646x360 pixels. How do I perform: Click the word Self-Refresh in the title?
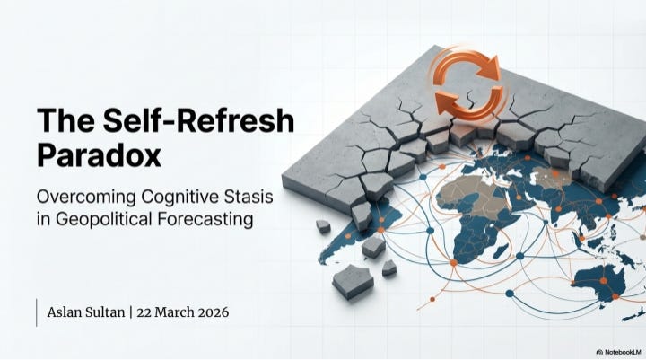pyautogui.click(x=198, y=120)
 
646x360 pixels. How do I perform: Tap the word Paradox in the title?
pyautogui.click(x=99, y=156)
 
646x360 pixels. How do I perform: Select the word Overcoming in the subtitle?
pyautogui.click(x=86, y=198)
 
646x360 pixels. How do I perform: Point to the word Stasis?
pyautogui.click(x=248, y=197)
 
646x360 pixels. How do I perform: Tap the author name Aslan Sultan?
pyautogui.click(x=86, y=312)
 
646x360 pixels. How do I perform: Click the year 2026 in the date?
pyautogui.click(x=214, y=312)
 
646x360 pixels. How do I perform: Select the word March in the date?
pyautogui.click(x=175, y=312)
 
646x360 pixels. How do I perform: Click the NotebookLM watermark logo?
pyautogui.click(x=619, y=352)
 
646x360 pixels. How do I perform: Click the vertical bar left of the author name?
pyautogui.click(x=37, y=312)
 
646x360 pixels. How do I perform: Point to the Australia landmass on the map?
pyautogui.click(x=599, y=282)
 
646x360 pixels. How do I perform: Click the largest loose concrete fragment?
pyautogui.click(x=354, y=281)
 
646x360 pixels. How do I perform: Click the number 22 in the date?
pyautogui.click(x=144, y=312)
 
